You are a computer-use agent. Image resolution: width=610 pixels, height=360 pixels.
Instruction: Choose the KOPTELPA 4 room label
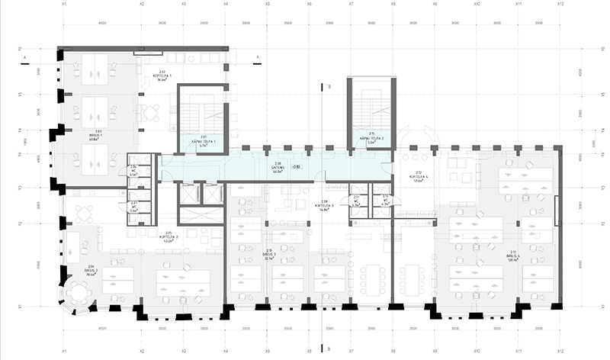418,177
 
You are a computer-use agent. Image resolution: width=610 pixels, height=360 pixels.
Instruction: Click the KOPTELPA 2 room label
169,236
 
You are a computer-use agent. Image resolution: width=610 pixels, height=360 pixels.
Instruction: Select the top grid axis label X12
560,5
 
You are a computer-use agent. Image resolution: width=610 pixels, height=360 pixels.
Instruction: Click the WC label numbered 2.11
357,201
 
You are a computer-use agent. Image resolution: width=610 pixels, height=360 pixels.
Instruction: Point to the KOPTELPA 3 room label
324,204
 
